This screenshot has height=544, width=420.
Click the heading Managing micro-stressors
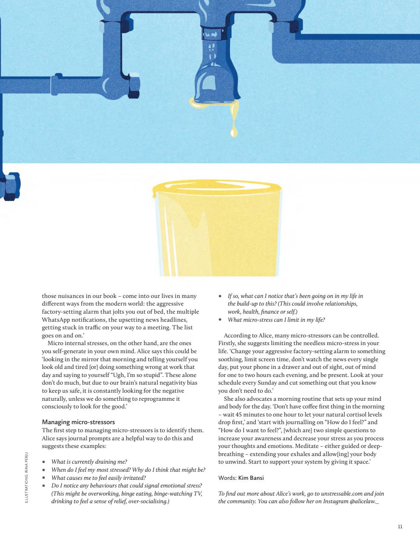pos(78,422)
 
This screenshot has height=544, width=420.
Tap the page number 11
pos(400,527)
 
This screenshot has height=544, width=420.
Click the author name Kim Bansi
pos(251,478)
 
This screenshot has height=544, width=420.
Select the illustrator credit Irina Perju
pos(26,479)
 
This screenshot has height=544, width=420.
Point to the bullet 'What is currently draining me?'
pos(89,462)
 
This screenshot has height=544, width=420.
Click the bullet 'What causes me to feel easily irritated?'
pos(98,478)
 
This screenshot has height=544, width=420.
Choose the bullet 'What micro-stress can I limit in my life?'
pos(276,320)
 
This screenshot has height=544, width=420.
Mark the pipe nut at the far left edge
pos(9,186)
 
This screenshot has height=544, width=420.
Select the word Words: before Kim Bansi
pos(227,478)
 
